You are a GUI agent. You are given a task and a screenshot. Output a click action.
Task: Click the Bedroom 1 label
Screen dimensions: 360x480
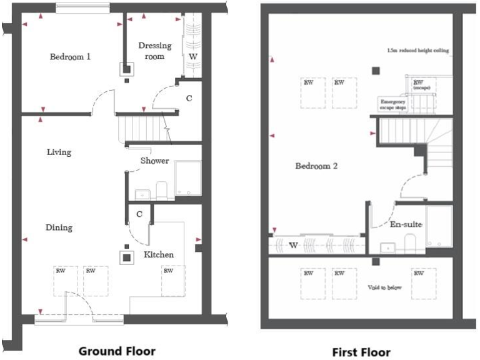(x=70, y=57)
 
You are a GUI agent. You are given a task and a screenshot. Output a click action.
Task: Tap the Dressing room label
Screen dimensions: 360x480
(x=151, y=51)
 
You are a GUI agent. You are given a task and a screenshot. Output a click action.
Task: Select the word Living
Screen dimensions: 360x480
(x=59, y=152)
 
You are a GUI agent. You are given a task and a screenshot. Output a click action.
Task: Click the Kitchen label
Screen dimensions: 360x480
(x=159, y=254)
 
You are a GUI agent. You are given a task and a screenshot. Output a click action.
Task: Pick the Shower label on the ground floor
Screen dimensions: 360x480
(x=154, y=161)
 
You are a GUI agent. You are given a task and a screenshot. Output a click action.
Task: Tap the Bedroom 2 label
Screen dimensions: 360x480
(x=316, y=166)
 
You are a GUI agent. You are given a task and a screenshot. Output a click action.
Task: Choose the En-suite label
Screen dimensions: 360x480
(x=406, y=224)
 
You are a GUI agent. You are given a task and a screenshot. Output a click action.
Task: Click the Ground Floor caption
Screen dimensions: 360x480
(x=117, y=351)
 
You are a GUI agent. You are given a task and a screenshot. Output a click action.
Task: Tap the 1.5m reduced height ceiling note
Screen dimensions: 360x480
(x=417, y=50)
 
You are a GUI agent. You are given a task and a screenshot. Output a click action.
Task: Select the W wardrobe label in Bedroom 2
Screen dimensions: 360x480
(x=293, y=245)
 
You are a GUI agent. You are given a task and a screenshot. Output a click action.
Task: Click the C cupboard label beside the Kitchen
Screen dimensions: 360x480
(x=139, y=214)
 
